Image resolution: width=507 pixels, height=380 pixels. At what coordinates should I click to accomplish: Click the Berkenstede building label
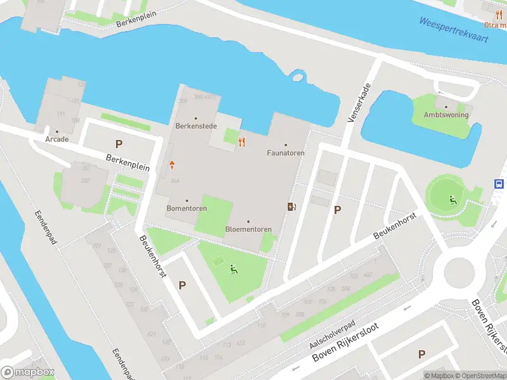[196, 126]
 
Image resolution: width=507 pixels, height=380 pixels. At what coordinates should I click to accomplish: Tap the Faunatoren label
[285, 153]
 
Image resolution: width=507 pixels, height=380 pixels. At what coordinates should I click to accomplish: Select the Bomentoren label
[186, 208]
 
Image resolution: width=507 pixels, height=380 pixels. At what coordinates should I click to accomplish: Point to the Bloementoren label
[248, 229]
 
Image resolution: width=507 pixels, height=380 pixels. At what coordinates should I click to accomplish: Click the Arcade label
[56, 139]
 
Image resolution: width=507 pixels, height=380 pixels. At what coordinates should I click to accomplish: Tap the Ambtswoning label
[446, 115]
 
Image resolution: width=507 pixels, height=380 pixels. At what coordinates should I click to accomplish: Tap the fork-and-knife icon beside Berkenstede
[241, 141]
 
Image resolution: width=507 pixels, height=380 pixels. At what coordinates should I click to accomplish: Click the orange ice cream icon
[172, 165]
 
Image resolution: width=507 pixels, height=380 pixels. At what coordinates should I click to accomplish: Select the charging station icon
[292, 206]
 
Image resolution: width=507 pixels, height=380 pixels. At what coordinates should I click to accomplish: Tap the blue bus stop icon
[499, 183]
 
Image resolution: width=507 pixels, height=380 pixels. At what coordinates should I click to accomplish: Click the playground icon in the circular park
[452, 201]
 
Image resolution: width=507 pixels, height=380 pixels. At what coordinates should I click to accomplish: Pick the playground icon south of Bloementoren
[234, 270]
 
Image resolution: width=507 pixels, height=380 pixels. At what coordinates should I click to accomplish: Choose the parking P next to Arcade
[119, 144]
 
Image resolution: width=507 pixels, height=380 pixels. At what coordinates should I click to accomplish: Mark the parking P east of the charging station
[337, 210]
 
